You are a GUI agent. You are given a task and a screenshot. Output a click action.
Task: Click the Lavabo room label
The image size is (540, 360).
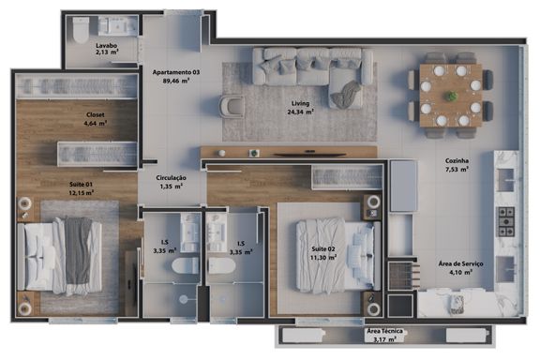click(x=107, y=45)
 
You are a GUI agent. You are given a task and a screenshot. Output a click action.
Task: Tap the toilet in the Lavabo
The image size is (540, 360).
click(x=81, y=29)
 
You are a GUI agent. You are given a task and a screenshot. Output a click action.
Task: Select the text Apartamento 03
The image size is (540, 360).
click(x=176, y=72)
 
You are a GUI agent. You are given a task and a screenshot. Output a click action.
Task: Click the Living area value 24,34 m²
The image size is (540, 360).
click(x=300, y=112)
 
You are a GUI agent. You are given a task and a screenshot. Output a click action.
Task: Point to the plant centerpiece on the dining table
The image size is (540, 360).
click(x=450, y=96)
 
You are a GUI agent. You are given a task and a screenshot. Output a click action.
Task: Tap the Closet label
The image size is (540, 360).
click(x=96, y=114)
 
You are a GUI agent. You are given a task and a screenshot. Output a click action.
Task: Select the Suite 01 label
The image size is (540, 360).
click(x=81, y=185)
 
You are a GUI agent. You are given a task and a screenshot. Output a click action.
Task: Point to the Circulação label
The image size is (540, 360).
click(x=171, y=178)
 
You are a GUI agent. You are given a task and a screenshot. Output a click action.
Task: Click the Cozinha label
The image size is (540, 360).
click(x=457, y=160)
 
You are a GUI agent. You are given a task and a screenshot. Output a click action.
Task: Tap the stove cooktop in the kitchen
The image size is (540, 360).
click(x=505, y=221)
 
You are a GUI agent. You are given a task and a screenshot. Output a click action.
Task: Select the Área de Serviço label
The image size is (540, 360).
click(x=460, y=263)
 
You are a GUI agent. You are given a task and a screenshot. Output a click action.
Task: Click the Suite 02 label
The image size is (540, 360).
click(x=323, y=248)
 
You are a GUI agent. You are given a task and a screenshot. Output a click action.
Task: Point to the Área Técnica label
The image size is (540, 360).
click(x=384, y=331)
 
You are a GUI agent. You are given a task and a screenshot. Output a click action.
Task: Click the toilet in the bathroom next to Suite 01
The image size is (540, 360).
click(x=186, y=265)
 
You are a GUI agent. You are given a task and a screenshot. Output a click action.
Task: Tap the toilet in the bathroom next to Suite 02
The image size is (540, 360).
click(x=222, y=265)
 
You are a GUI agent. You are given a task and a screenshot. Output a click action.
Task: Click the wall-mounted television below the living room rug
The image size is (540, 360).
click(x=310, y=155)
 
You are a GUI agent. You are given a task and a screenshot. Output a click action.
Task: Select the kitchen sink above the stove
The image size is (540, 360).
click(x=505, y=179)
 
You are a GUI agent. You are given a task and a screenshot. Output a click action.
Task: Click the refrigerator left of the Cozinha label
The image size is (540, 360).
click(x=404, y=186)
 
